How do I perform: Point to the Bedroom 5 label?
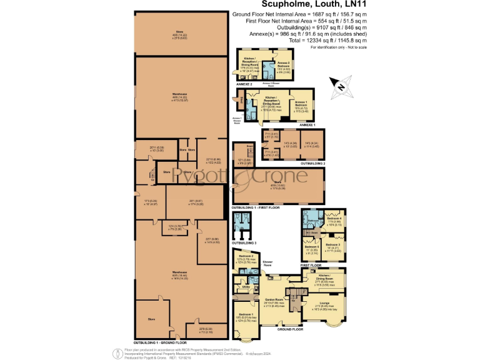tap(311, 248)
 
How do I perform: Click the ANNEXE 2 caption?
tap(244, 83)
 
